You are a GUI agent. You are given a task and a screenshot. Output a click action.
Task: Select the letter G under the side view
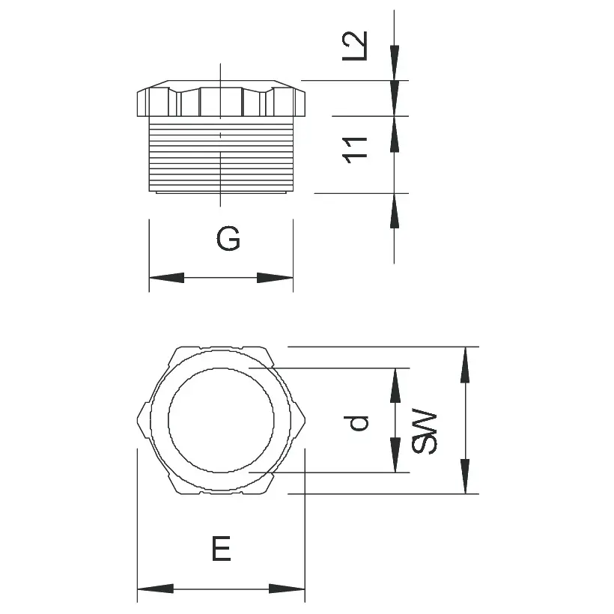tap(228, 240)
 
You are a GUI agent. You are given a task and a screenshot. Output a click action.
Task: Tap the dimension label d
tap(360, 423)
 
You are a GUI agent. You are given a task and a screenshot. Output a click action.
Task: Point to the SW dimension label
tap(425, 432)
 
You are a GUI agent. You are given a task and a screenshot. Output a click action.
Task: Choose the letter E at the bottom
tap(221, 550)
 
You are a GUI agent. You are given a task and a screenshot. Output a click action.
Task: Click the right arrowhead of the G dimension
tap(275, 278)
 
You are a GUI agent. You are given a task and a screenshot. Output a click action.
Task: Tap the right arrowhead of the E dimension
tap(288, 589)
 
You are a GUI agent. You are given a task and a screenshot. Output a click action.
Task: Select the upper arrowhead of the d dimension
tap(395, 386)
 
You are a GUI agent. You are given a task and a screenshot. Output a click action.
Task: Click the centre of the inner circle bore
tap(220, 419)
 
